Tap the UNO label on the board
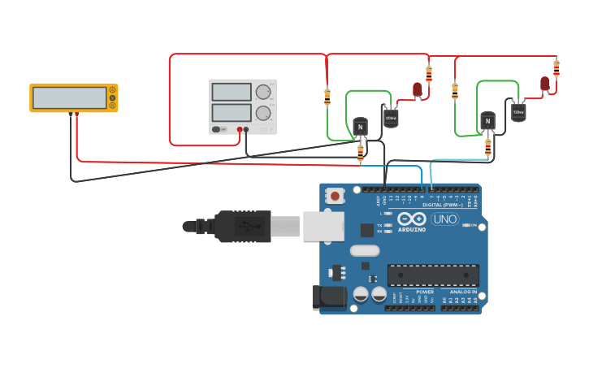pos(444,219)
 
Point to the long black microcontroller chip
pos(432,275)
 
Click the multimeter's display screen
pos(69,97)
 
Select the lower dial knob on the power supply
pos(263,113)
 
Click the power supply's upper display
pos(231,92)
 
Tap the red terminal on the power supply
pos(240,129)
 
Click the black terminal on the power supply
pos(247,129)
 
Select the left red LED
pos(418,89)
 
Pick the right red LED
pos(545,83)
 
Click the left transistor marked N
pos(360,127)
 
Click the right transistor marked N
pos(487,121)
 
